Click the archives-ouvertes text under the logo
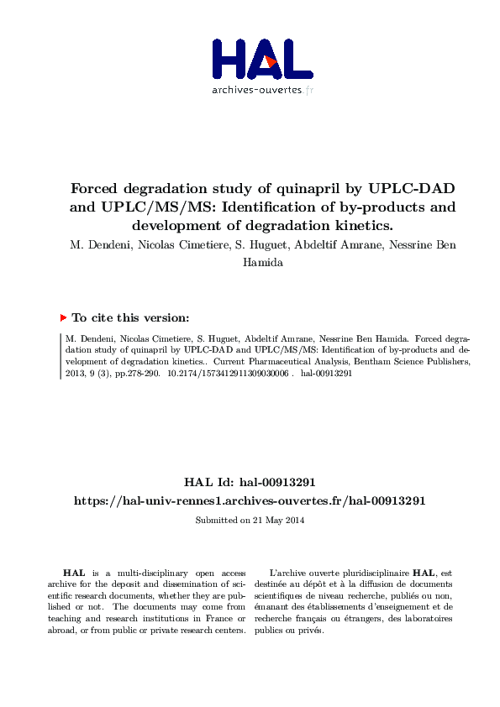coord(261,90)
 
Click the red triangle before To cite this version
coord(63,318)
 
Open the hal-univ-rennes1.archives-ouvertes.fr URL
coord(250,500)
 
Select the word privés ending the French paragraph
coord(310,631)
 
